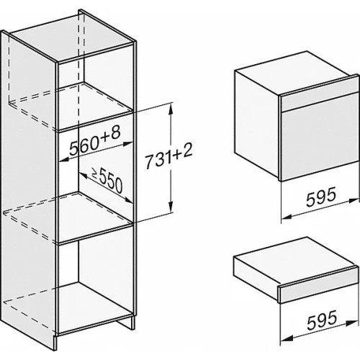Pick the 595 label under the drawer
pos(322,320)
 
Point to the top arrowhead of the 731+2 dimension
pos(171,109)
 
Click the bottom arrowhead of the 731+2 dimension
pos(171,207)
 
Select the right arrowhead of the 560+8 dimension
pos(127,144)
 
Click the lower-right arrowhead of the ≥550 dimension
pos(128,200)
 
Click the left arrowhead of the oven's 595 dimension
pos(287,217)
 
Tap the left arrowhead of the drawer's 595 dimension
pos(287,338)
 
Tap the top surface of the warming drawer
pos(294,253)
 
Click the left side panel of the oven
pos(257,125)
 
